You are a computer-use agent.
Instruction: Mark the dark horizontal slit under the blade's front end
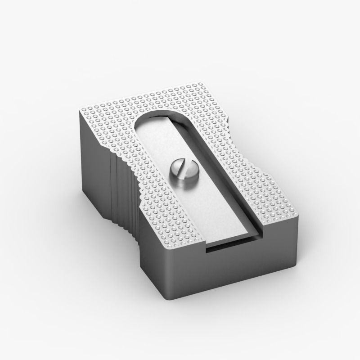(x=232, y=247)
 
